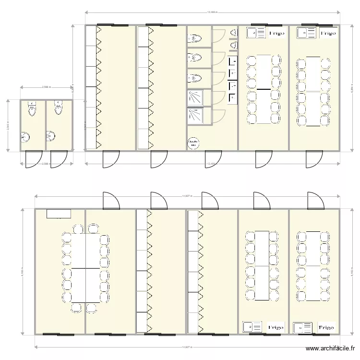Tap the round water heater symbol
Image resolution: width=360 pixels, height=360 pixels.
[x=193, y=143]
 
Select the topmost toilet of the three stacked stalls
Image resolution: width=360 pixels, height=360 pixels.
[x=196, y=37]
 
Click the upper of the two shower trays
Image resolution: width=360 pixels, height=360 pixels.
[x=195, y=97]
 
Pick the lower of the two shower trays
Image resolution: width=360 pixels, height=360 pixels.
[x=195, y=116]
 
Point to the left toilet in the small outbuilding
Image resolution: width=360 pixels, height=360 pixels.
[x=32, y=108]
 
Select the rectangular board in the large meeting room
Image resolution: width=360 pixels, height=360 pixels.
[x=59, y=214]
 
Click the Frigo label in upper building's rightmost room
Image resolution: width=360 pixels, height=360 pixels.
[x=328, y=33]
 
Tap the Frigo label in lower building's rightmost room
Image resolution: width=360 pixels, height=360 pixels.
[x=326, y=327]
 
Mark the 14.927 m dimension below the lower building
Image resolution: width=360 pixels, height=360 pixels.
[x=187, y=347]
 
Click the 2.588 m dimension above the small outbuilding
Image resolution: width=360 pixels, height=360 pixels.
[x=46, y=87]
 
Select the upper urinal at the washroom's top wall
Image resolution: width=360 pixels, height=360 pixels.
[x=234, y=33]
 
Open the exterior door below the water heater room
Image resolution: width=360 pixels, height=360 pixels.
[x=213, y=159]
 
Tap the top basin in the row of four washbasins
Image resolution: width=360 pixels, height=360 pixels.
[x=233, y=61]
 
